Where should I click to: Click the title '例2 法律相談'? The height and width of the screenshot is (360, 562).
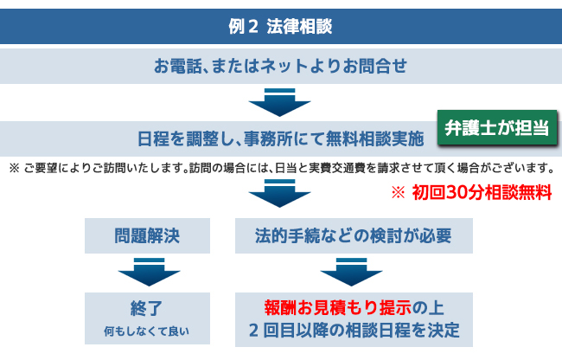[x=281, y=25]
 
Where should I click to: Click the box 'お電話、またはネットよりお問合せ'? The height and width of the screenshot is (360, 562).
[x=281, y=66]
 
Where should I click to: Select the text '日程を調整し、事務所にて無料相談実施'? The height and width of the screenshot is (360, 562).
[x=280, y=138]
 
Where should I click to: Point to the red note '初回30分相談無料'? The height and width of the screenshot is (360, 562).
[x=471, y=193]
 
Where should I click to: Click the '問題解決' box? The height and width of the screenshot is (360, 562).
[x=148, y=235]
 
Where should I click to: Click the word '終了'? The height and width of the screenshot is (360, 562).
[x=148, y=307]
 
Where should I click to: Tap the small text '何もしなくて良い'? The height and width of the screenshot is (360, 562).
[x=148, y=330]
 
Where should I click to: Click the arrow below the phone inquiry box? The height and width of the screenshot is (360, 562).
[x=280, y=104]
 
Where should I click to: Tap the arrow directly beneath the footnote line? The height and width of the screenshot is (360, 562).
[x=280, y=196]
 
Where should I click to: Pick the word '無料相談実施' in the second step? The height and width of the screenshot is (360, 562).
[x=380, y=138]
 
